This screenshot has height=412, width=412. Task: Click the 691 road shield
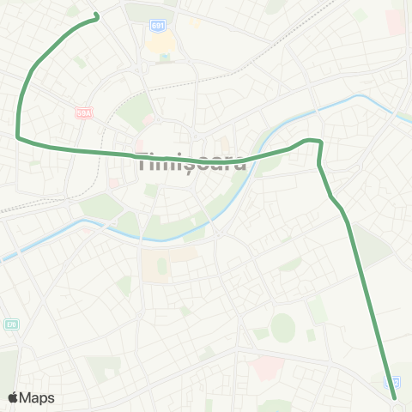pyautogui.click(x=156, y=26)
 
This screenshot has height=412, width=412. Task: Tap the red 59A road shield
pyautogui.click(x=83, y=112)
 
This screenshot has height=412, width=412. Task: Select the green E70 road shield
pyautogui.click(x=11, y=324)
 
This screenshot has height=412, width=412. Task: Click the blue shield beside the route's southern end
pyautogui.click(x=394, y=381)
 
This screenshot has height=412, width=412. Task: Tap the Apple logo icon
pyautogui.click(x=13, y=397)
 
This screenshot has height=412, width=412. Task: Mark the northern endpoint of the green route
pyautogui.click(x=96, y=15)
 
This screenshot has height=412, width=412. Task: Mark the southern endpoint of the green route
pyautogui.click(x=394, y=397)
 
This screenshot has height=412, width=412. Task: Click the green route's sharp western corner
pyautogui.click(x=19, y=136)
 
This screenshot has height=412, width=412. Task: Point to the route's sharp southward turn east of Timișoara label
pyautogui.click(x=319, y=142)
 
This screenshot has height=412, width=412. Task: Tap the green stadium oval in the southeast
pyautogui.click(x=282, y=326)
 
